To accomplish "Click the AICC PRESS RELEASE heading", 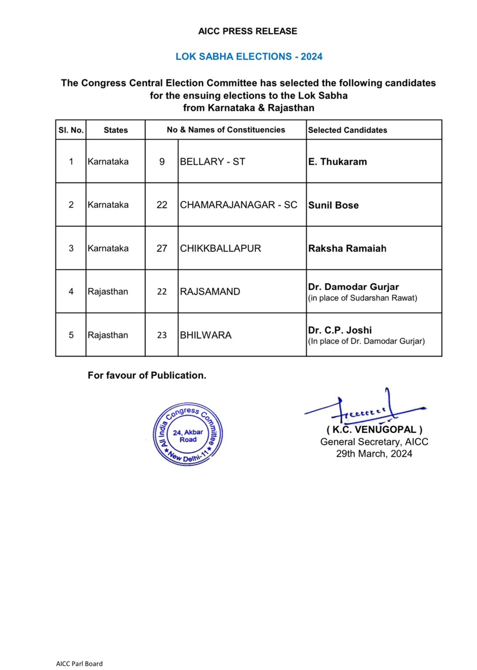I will pyautogui.click(x=247, y=31).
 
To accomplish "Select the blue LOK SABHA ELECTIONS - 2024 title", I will pyautogui.click(x=249, y=56).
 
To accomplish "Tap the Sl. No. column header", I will pyautogui.click(x=71, y=130).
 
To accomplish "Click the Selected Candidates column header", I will pyautogui.click(x=347, y=130).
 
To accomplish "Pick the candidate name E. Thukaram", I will pyautogui.click(x=337, y=162).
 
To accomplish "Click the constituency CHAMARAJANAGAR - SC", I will pyautogui.click(x=238, y=205).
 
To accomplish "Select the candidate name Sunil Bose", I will pyautogui.click(x=333, y=205).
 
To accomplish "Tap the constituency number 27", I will pyautogui.click(x=162, y=248).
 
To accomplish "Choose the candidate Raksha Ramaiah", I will pyautogui.click(x=347, y=248).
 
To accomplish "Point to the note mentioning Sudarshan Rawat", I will pyautogui.click(x=362, y=298).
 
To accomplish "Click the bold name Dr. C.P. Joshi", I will pyautogui.click(x=340, y=330).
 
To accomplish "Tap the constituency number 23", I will pyautogui.click(x=162, y=335).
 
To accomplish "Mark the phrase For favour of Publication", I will pyautogui.click(x=147, y=375).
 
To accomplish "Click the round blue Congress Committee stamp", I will pyautogui.click(x=188, y=434).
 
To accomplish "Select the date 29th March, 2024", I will pyautogui.click(x=374, y=454).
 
